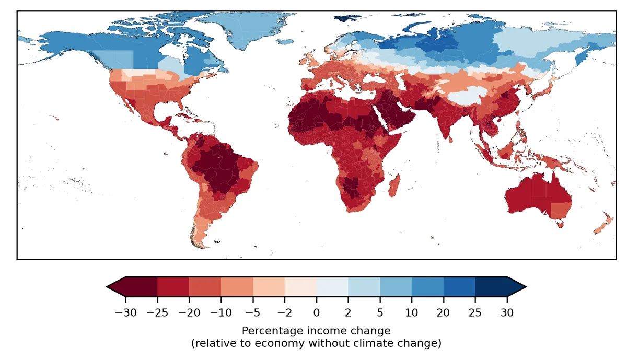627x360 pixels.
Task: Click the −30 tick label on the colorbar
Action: coord(125,313)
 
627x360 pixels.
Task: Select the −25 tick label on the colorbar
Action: coord(157,313)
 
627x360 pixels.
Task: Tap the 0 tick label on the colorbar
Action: coord(316,313)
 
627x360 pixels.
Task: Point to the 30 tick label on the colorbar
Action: coord(507,313)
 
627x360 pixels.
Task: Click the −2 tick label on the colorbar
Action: coord(284,313)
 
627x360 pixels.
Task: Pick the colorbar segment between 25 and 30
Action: coord(491,286)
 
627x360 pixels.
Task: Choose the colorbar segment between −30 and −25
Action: coord(141,286)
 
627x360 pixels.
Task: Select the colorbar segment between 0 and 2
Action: coord(332,286)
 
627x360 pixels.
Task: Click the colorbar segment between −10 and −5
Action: coord(237,286)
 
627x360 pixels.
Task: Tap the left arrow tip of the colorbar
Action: coord(108,286)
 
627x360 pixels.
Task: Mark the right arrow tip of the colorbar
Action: coord(525,286)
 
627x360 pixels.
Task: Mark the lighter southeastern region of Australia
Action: coord(561,209)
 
